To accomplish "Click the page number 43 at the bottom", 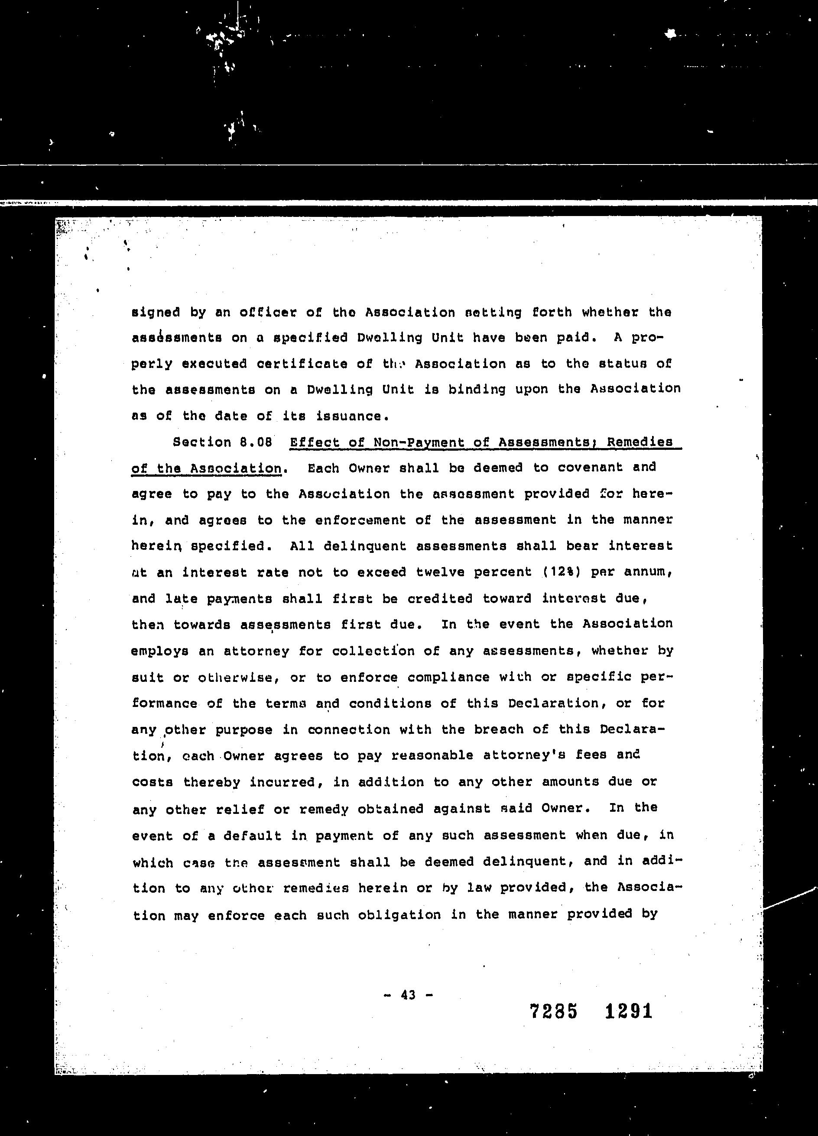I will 408,995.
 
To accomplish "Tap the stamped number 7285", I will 553,1012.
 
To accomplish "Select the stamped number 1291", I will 629,1011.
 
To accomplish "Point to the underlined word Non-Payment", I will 419,442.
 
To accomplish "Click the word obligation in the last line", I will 399,915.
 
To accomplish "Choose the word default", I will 252,836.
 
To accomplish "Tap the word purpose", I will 243,730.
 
